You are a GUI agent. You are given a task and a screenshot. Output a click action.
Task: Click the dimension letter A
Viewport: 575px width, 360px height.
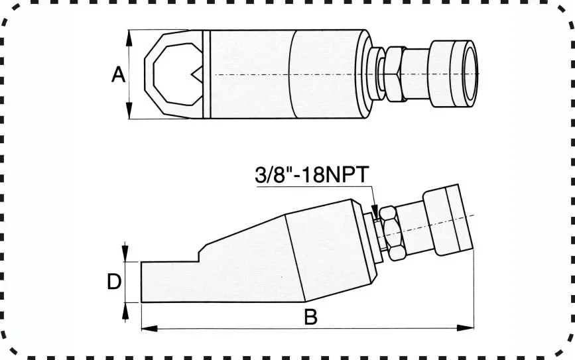[x=119, y=74]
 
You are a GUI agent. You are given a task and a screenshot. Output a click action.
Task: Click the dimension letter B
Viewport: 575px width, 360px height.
[x=310, y=317]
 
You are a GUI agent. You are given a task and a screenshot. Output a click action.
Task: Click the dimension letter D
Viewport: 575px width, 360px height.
[x=114, y=282]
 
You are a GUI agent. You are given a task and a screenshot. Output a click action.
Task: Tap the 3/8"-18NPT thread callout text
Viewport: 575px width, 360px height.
[x=312, y=174]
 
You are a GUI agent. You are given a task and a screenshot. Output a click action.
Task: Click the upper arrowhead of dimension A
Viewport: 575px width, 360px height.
[x=129, y=38]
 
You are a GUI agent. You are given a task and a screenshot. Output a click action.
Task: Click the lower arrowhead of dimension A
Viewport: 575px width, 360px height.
[x=129, y=111]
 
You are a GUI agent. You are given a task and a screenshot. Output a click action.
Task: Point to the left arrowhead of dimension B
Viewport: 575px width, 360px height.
[x=150, y=328]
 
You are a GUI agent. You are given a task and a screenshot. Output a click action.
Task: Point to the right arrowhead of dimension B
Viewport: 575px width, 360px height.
[x=466, y=328]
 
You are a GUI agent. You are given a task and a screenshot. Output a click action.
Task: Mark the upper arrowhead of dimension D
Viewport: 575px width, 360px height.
[x=125, y=252]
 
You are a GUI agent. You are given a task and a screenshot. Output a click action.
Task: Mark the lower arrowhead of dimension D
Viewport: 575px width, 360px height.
[x=125, y=312]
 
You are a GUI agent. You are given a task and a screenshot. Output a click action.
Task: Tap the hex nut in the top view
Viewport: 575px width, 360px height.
[x=396, y=74]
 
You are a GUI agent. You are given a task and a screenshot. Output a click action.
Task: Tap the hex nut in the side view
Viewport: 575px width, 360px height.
[x=393, y=233]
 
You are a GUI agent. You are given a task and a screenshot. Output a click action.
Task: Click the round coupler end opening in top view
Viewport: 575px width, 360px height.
[x=470, y=74]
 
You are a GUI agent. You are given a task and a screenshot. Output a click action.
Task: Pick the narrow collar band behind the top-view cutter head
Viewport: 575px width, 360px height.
[x=207, y=74]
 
